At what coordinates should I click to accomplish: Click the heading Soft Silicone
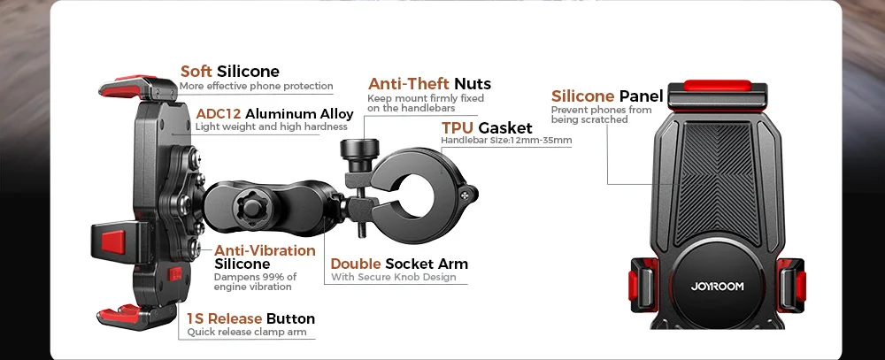(x=229, y=71)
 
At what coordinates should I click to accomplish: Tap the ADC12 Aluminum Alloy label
(x=274, y=113)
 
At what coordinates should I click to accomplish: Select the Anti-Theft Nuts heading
(x=429, y=84)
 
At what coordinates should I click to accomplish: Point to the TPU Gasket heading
(x=487, y=127)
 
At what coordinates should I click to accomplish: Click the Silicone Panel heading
(x=607, y=96)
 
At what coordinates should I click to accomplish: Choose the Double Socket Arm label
(x=399, y=264)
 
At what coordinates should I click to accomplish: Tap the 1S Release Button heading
(x=250, y=318)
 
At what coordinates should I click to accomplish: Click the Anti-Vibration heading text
(x=265, y=250)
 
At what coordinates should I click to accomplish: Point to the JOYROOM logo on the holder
(x=719, y=286)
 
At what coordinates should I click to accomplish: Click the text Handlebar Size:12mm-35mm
(x=506, y=141)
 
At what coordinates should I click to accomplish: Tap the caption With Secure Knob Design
(x=393, y=278)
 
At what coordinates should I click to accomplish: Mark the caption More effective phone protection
(x=256, y=86)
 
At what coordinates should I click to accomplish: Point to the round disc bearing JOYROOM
(x=719, y=281)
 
